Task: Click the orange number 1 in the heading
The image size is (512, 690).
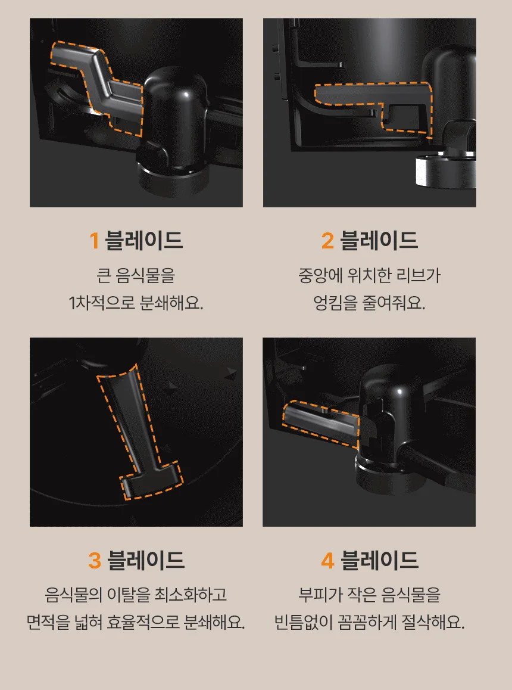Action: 94,240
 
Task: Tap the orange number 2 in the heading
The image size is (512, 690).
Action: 327,240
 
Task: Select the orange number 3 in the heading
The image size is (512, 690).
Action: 95,560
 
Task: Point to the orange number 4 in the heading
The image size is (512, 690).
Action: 327,560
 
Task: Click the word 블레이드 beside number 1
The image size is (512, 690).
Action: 144,240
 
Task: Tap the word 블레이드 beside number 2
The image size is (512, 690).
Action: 379,240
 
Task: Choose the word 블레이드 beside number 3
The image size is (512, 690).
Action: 146,560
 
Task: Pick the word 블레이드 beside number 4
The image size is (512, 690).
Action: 379,560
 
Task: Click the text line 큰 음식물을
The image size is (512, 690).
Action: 136,276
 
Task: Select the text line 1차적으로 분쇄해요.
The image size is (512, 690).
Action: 136,303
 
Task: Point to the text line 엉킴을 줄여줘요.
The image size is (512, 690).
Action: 370,303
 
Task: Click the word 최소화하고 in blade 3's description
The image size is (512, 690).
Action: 191,595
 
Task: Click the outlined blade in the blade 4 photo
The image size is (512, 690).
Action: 321,422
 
